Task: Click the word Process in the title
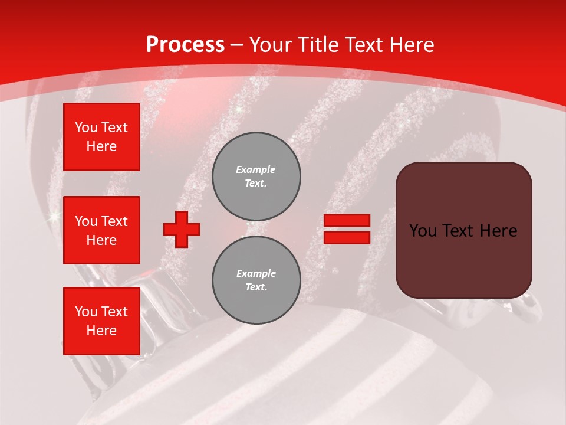pyautogui.click(x=185, y=45)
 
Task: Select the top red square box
pyautogui.click(x=101, y=137)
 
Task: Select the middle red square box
pyautogui.click(x=101, y=230)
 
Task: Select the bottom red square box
pyautogui.click(x=101, y=321)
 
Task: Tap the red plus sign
pyautogui.click(x=182, y=229)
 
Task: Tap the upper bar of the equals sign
pyautogui.click(x=347, y=220)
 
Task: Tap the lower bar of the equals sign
pyautogui.click(x=347, y=238)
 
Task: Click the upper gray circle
pyautogui.click(x=256, y=176)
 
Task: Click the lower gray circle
pyautogui.click(x=256, y=280)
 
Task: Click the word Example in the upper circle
pyautogui.click(x=256, y=169)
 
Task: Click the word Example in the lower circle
pyautogui.click(x=256, y=273)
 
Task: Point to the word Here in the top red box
pyautogui.click(x=101, y=146)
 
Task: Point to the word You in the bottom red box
pyautogui.click(x=86, y=312)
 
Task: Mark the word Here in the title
pyautogui.click(x=411, y=45)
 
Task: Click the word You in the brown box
pyautogui.click(x=423, y=231)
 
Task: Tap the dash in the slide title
pyautogui.click(x=237, y=45)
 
